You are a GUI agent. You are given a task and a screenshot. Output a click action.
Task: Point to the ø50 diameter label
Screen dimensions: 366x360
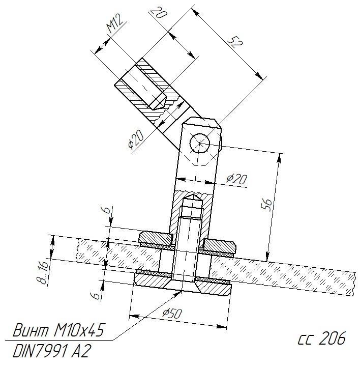[172, 314]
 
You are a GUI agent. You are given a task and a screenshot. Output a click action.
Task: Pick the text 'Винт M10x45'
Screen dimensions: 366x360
[58, 330]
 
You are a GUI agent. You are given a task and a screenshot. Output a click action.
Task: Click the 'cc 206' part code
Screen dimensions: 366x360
[321, 338]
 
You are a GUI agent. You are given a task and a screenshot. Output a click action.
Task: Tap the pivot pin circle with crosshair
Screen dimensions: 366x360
[200, 144]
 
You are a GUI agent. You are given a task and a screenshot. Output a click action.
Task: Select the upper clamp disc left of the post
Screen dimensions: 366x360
[156, 237]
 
